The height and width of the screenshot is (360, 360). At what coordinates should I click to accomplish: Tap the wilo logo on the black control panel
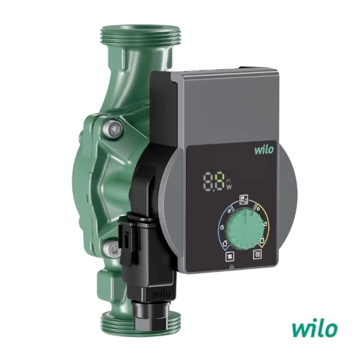(264, 150)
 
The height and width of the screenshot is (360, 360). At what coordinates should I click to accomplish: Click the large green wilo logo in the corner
(315, 329)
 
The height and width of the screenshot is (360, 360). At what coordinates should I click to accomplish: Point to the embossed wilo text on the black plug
(161, 294)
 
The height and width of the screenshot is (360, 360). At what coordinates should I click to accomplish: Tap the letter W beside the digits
(229, 187)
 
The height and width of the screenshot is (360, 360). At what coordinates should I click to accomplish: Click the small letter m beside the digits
(229, 180)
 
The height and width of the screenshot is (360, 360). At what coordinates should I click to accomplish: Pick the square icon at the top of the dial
(244, 199)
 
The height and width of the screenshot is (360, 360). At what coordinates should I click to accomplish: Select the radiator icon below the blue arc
(230, 256)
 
